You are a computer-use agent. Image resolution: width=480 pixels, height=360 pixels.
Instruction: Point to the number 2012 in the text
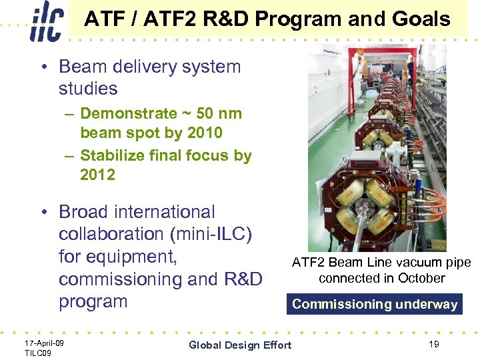point(97,175)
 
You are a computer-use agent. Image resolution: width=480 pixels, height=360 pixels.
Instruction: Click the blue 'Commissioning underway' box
point(375,304)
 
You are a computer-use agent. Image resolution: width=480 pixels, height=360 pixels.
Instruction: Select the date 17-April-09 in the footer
point(44,342)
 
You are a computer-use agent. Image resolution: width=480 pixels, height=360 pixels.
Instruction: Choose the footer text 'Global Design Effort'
point(240,345)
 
